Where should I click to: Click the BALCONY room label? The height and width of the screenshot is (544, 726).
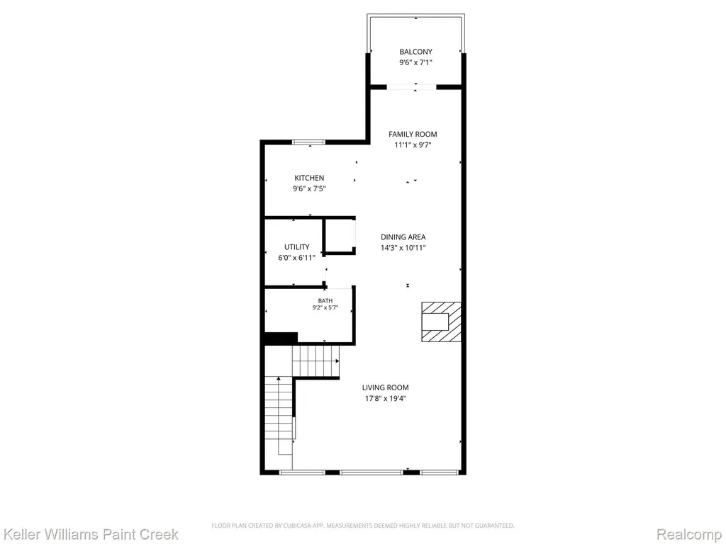coord(415,52)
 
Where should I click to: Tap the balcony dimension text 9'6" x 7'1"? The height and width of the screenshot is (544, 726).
coord(415,62)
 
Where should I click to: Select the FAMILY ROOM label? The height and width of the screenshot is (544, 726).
coord(413,134)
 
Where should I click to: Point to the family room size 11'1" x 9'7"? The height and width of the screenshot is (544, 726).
coord(413,144)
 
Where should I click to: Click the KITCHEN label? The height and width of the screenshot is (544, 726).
coord(309,178)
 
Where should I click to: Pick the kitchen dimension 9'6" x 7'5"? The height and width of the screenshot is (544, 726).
coord(309,188)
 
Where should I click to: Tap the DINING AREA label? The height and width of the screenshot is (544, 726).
coord(403,237)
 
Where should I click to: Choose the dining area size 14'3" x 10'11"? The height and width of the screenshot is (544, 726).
coord(403,247)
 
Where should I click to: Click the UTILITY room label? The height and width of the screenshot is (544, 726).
coord(297,247)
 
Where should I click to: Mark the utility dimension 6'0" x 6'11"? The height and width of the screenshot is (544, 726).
coord(297,258)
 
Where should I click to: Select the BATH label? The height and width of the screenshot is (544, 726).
coord(325,300)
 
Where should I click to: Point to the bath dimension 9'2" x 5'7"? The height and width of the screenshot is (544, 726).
coord(325,307)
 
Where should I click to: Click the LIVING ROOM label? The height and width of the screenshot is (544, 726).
coord(385,387)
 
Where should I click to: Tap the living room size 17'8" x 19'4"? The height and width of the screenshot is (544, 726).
coord(385,398)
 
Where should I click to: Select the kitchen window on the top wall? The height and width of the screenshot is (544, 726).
coord(308,142)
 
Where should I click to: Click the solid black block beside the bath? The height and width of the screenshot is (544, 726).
coord(281,338)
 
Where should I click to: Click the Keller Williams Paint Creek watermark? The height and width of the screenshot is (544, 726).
coord(90,534)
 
